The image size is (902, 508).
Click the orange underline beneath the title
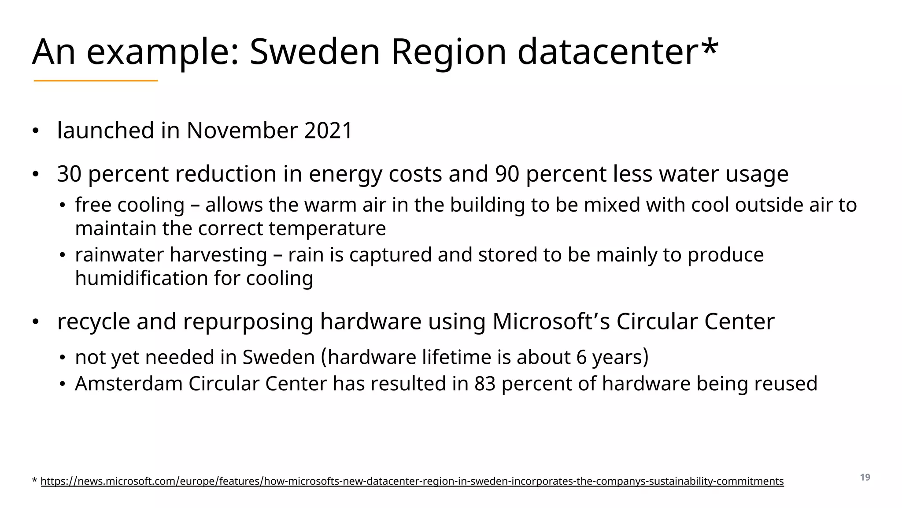point(96,81)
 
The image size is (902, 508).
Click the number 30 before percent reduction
point(69,174)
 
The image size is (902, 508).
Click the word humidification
point(141,278)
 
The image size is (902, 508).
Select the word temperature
point(327,228)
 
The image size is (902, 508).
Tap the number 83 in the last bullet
point(485,384)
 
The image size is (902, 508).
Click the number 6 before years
point(581,357)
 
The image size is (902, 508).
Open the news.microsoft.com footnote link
point(412,481)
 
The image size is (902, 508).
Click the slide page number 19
point(865,478)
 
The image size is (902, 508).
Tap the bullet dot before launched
point(36,131)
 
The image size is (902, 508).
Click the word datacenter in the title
point(607,52)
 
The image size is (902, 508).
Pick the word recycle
point(93,321)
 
